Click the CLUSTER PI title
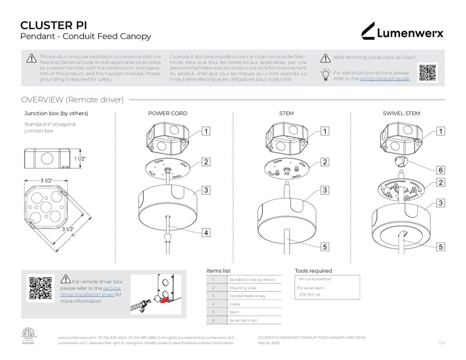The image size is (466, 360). tap(54, 25)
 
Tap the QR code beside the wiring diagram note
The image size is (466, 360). tap(427, 72)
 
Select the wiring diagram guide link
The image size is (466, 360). tap(385, 79)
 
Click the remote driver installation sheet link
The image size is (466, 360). tap(90, 291)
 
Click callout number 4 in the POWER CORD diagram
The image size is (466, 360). tap(206, 233)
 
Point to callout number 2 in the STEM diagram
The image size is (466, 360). tap(325, 162)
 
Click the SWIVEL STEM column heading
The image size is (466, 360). tap(401, 113)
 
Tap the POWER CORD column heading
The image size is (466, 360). tap(167, 113)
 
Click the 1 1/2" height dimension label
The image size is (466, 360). tap(80, 158)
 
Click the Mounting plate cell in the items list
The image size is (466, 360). tap(243, 288)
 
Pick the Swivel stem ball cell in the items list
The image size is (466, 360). tap(244, 320)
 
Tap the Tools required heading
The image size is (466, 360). tap(313, 271)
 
